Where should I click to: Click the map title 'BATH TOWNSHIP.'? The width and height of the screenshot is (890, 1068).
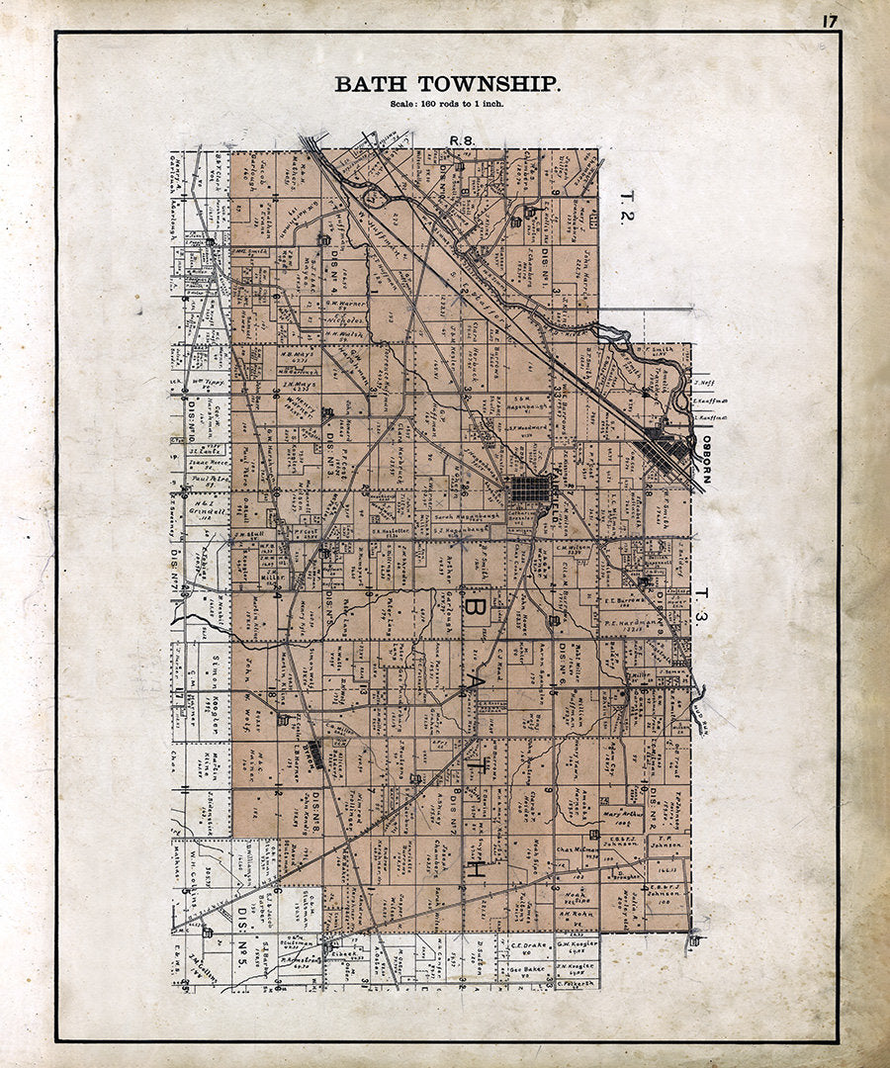coord(447,85)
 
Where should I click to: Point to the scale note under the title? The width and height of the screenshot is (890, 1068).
coord(448,104)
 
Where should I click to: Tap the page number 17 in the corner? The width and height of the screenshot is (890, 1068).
coord(828,20)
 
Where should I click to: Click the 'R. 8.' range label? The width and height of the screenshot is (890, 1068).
coord(462,141)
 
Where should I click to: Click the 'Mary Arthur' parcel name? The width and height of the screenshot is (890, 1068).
coord(616,815)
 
